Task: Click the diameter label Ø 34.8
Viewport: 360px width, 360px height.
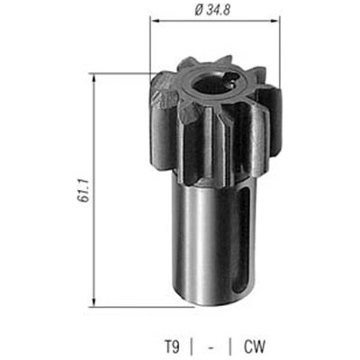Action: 212,11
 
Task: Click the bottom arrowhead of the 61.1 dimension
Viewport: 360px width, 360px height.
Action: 94,302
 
